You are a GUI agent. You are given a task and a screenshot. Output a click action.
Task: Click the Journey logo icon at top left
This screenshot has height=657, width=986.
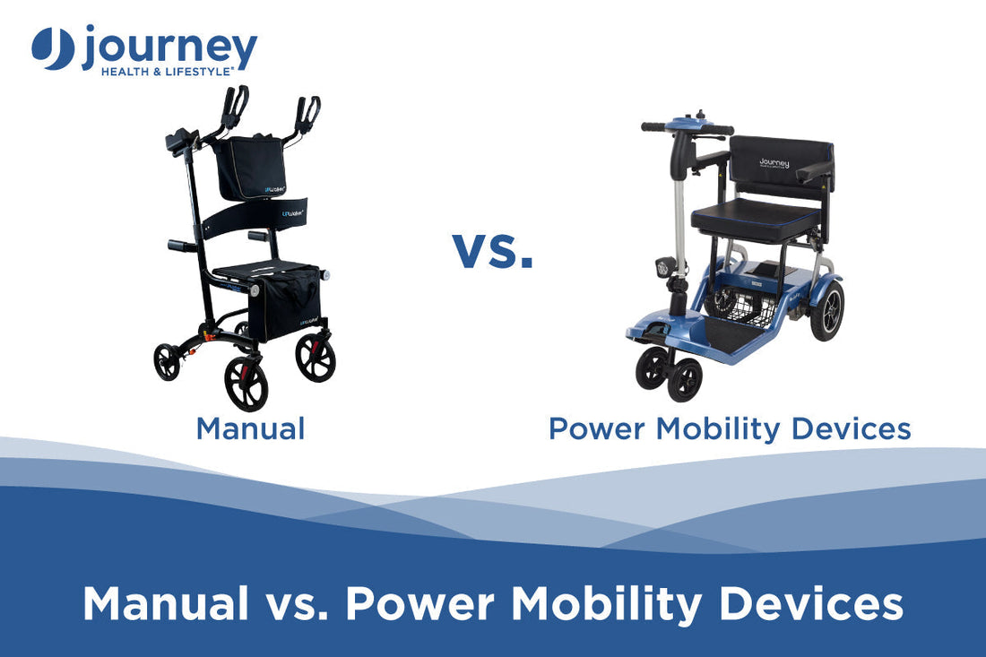point(53,48)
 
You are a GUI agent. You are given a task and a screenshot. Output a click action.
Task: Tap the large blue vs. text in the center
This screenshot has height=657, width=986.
point(492,250)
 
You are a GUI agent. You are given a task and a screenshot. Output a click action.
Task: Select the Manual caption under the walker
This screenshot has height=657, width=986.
point(250,428)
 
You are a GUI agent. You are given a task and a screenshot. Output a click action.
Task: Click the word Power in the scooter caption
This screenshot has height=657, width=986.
point(598,428)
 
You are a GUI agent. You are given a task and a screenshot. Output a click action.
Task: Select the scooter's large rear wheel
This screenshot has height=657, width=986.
point(826,310)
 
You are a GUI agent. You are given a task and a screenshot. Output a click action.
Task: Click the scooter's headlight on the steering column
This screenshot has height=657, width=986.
point(667,267)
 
